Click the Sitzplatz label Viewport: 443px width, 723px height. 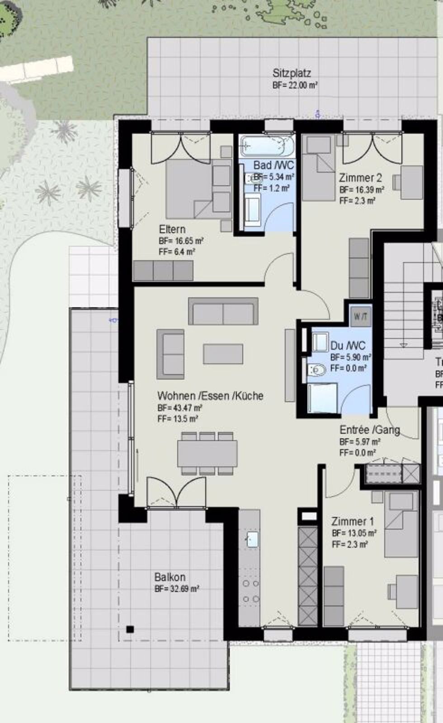pos(292,73)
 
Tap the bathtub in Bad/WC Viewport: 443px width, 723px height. pos(267,146)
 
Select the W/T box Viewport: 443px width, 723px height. pos(360,316)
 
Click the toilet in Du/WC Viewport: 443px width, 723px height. pos(317,370)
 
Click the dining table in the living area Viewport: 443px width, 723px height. pos(207,453)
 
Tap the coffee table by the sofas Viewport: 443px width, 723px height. pos(223,354)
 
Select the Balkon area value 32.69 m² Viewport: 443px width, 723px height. pos(177,589)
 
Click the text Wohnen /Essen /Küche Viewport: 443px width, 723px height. pos(210,396)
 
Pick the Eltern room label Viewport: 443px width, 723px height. pos(172,229)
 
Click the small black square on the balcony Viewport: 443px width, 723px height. pos(130,629)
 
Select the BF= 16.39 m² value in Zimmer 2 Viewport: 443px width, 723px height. pos(362,190)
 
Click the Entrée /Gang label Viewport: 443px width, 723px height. pos(369,430)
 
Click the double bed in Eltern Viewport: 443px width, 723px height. pos(190,188)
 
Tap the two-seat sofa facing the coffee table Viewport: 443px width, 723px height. pos(223,311)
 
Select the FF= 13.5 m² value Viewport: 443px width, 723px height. pos(178,418)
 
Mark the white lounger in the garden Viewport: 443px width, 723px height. pos(36,68)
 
